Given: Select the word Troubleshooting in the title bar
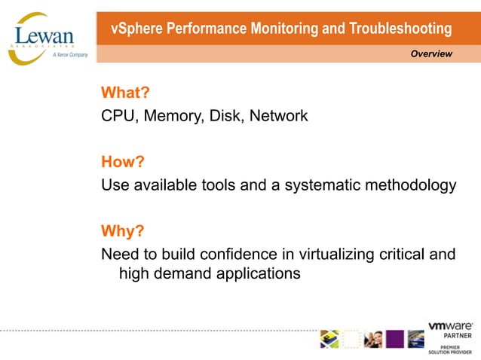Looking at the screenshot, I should (x=400, y=29).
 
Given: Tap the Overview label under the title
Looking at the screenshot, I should (x=431, y=53).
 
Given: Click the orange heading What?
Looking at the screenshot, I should (x=125, y=93).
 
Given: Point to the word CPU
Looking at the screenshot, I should (x=117, y=116).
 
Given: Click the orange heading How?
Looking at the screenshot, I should (x=123, y=162).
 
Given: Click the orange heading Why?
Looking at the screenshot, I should (x=122, y=231).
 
